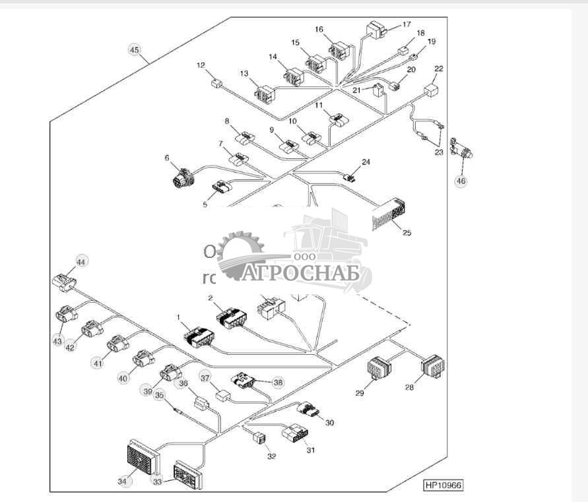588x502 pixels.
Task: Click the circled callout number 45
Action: pyautogui.click(x=135, y=50)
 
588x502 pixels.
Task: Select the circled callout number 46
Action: pyautogui.click(x=461, y=181)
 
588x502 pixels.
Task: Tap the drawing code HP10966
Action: pyautogui.click(x=443, y=485)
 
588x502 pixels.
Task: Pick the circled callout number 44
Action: pyautogui.click(x=81, y=262)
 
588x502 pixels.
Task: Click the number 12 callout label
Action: pyautogui.click(x=201, y=65)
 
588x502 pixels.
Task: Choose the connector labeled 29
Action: pyautogui.click(x=379, y=368)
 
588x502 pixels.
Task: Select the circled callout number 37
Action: pyautogui.click(x=205, y=379)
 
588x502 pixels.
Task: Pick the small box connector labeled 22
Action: pyautogui.click(x=432, y=90)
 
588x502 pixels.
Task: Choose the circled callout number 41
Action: pyautogui.click(x=98, y=362)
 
